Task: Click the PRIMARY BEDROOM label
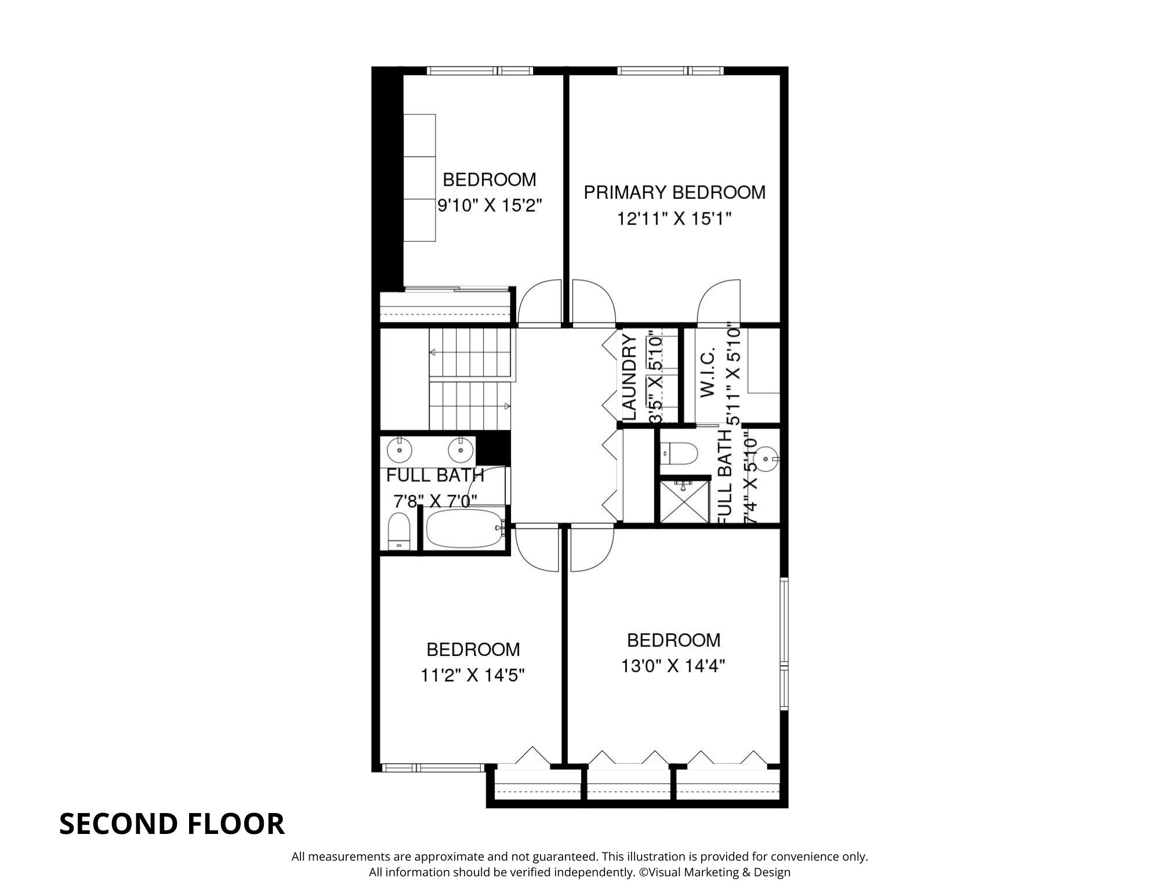point(675,192)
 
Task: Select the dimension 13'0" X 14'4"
point(673,666)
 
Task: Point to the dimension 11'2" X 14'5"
point(473,675)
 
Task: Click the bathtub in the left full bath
point(464,528)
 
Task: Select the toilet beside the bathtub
point(398,531)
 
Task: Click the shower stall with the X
point(685,500)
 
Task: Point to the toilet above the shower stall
point(679,454)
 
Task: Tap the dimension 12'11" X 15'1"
point(673,219)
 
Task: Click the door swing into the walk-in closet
point(719,302)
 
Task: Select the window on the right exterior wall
point(784,644)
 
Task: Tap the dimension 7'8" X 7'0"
point(435,500)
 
